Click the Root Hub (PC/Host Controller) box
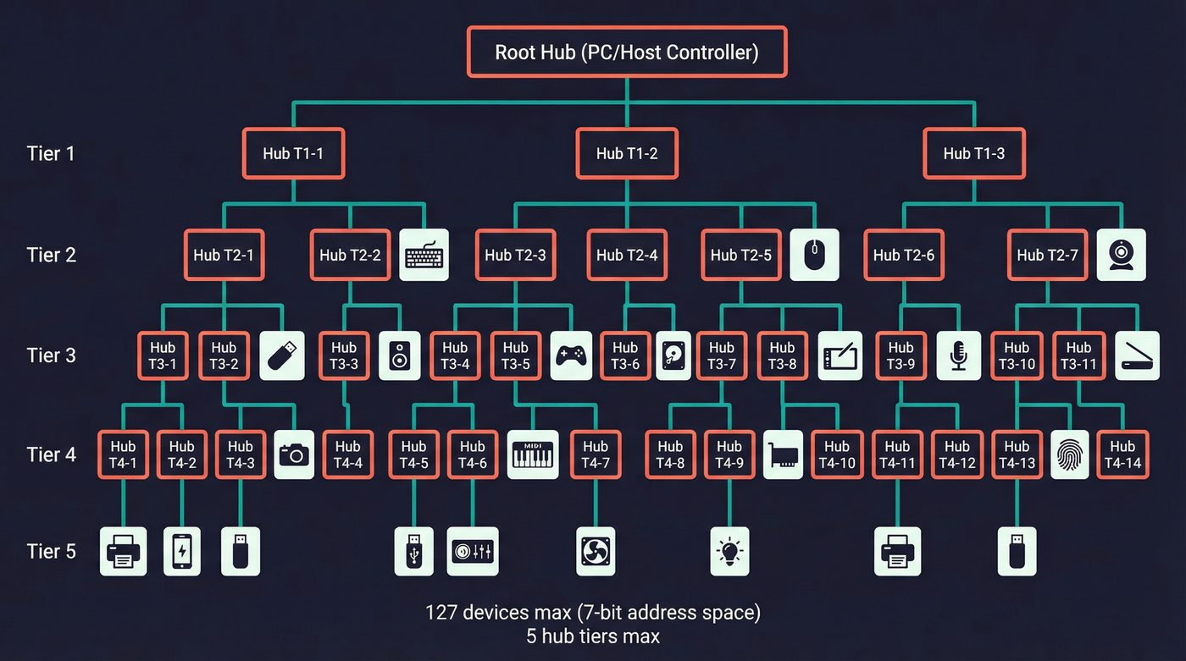pyautogui.click(x=627, y=52)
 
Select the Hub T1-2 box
pyautogui.click(x=627, y=153)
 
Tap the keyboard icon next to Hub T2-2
pyautogui.click(x=424, y=255)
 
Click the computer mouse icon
pyautogui.click(x=814, y=255)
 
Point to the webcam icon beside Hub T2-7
pyautogui.click(x=1121, y=255)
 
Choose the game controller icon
pyautogui.click(x=572, y=355)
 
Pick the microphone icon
pyautogui.click(x=959, y=355)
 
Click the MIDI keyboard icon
pyautogui.click(x=533, y=454)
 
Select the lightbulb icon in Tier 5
pyautogui.click(x=729, y=551)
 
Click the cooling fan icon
pyautogui.click(x=596, y=551)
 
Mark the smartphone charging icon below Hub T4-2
pyautogui.click(x=181, y=551)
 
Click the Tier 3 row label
pyautogui.click(x=51, y=355)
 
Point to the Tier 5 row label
pyautogui.click(x=51, y=551)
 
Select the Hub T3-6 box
pyautogui.click(x=625, y=355)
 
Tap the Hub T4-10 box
pyautogui.click(x=836, y=454)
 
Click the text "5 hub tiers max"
pyautogui.click(x=593, y=635)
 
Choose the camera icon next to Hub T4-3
pyautogui.click(x=295, y=454)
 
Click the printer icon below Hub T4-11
pyautogui.click(x=897, y=551)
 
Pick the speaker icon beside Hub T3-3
pyautogui.click(x=398, y=355)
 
